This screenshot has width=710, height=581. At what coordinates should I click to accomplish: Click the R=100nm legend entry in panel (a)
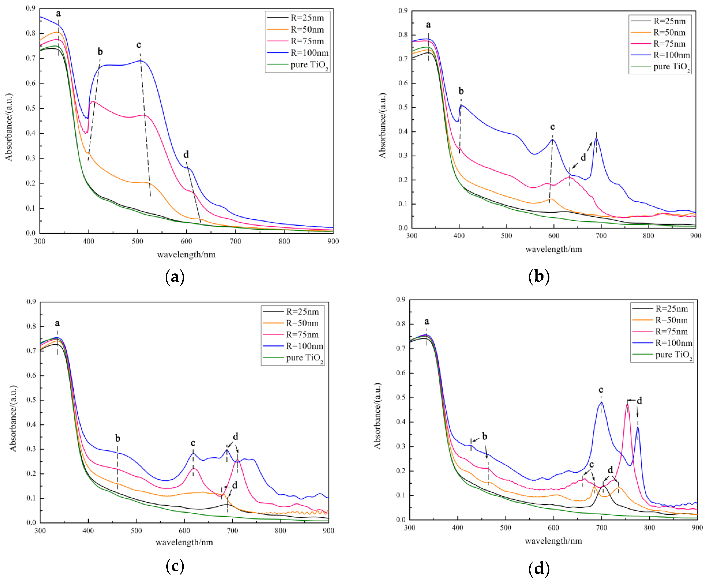point(309,53)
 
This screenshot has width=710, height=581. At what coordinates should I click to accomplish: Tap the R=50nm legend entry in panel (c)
point(302,323)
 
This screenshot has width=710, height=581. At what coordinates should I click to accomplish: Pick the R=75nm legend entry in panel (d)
point(671,332)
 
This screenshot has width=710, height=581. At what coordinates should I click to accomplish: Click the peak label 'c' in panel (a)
point(139,45)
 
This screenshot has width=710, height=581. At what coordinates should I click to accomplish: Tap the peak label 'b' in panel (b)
point(461,91)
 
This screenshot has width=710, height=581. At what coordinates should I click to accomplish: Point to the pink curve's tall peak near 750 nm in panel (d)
point(627,405)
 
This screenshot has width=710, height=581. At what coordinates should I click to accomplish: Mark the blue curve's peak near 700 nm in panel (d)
point(601,403)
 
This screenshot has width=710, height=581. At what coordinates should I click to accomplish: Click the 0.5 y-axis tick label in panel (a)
point(30,108)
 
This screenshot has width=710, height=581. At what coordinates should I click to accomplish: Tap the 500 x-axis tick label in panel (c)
point(136,530)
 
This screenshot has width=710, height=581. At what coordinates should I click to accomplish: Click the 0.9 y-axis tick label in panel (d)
point(401,299)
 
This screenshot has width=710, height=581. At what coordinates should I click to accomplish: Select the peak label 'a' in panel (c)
point(57,323)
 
